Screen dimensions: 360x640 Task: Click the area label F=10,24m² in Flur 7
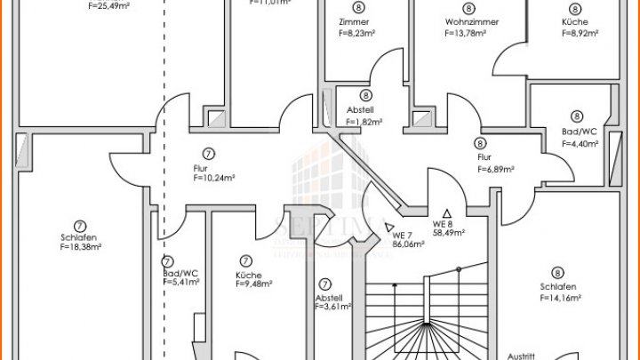[x=214, y=178]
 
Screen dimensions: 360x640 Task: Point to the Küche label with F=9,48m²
[x=248, y=275]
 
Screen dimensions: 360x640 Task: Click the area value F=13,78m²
[x=465, y=33]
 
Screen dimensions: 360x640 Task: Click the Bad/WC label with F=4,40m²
[x=576, y=132]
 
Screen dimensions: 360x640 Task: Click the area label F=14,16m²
[x=559, y=299]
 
